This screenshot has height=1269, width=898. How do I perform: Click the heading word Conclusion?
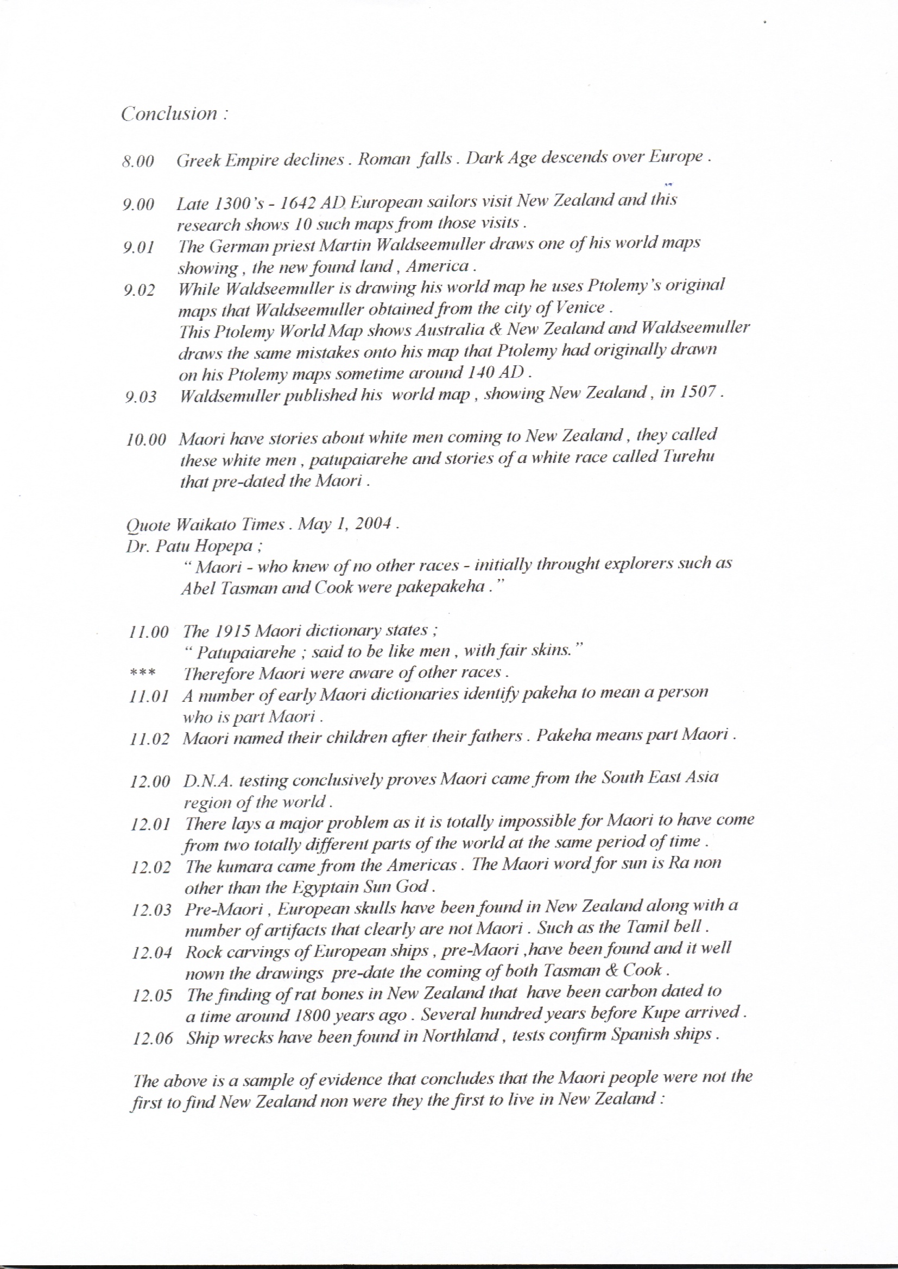pos(169,114)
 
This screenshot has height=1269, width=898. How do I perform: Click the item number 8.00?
pos(138,162)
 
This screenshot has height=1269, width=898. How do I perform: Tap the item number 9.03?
pos(141,397)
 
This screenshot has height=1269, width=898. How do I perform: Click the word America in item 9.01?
pos(438,267)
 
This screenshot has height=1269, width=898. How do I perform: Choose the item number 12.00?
pos(150,782)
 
